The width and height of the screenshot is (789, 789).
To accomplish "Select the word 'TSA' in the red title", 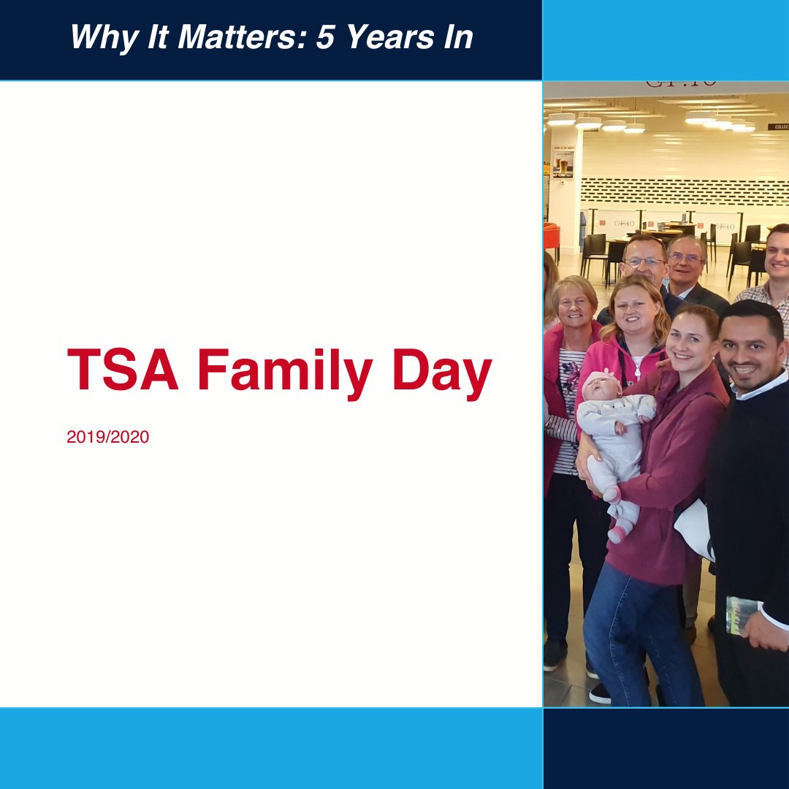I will point(123,370).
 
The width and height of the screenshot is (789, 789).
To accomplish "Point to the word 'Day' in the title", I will point(441,373).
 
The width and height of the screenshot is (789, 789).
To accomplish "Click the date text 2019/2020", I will point(107,438).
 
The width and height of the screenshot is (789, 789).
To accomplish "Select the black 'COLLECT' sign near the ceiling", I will point(777,126).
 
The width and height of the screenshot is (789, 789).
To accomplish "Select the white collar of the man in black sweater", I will point(760,386).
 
